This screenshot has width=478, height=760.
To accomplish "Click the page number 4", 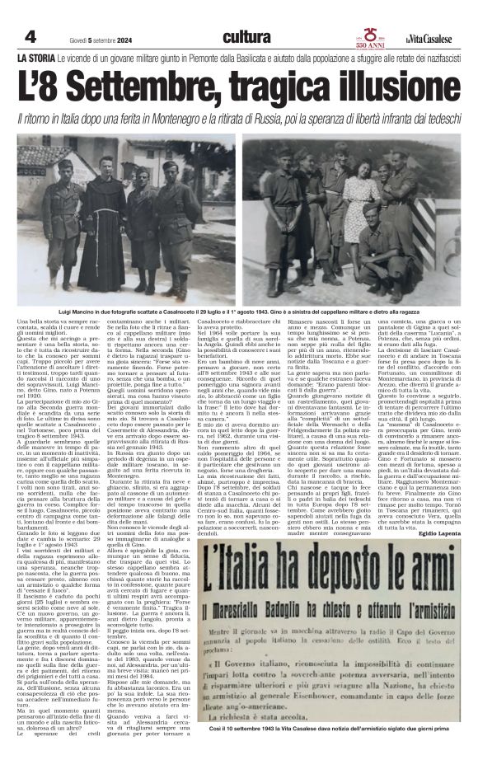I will coord(30,37).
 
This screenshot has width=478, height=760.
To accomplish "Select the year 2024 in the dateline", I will coord(112,39).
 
